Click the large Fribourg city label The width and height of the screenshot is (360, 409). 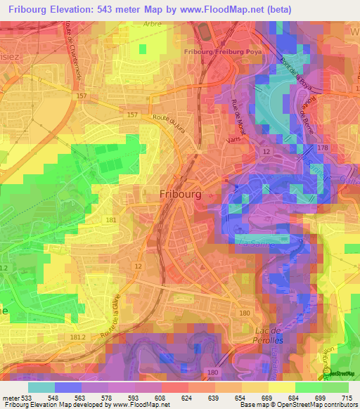pyautogui.click(x=181, y=194)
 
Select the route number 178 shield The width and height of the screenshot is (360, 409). pyautogui.click(x=323, y=147)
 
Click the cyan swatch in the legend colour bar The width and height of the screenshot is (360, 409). pyautogui.click(x=41, y=387)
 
